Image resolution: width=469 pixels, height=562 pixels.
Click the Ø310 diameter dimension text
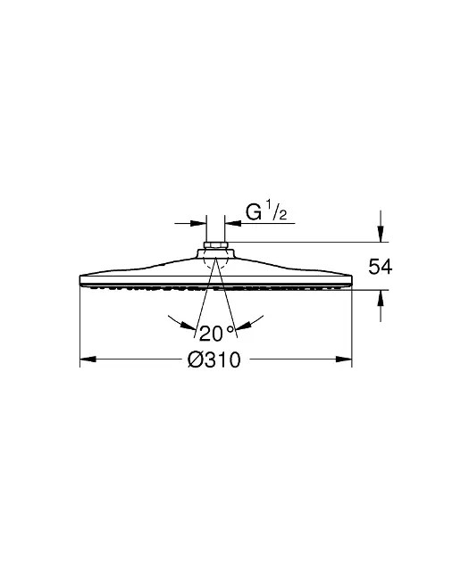click(x=214, y=360)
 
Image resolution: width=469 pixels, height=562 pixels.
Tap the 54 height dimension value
click(x=381, y=267)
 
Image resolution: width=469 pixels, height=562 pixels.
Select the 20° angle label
click(x=216, y=333)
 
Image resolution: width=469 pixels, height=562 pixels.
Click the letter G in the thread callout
click(x=254, y=211)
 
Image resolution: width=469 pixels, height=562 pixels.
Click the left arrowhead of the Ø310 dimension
click(x=88, y=359)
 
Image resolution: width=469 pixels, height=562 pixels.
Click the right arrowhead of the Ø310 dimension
click(x=343, y=359)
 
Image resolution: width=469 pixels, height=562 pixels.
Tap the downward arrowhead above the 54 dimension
click(x=381, y=234)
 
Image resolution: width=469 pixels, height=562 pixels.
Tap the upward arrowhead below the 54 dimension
click(x=381, y=298)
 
